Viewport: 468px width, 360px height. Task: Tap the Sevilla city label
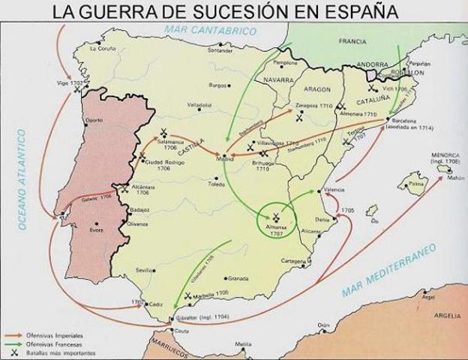click(145, 268)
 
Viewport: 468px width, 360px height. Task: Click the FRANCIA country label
click(352, 41)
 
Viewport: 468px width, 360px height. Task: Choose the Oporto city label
click(94, 120)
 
